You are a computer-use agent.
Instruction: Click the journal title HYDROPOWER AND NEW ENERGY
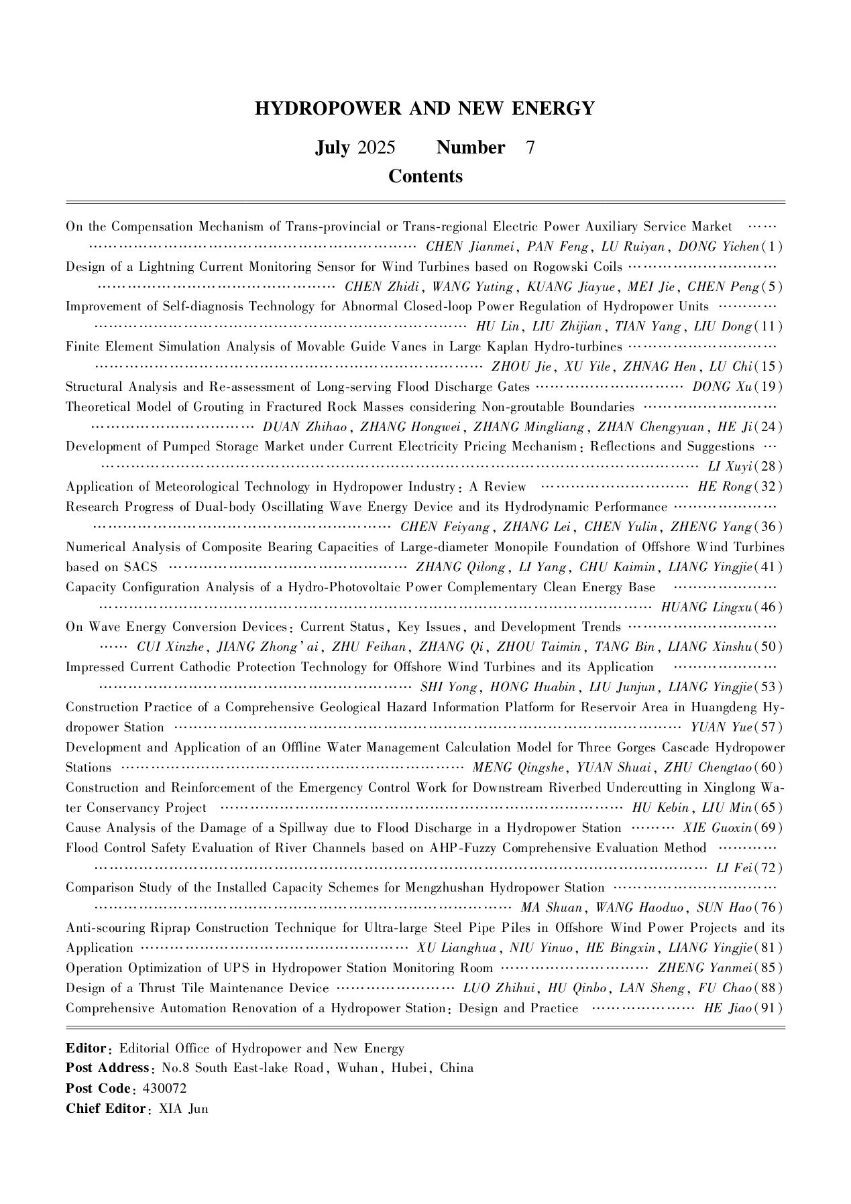tap(424, 109)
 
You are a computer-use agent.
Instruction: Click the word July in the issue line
tap(332, 147)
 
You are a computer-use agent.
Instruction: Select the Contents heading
tap(425, 176)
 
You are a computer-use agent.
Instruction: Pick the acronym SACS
tap(141, 567)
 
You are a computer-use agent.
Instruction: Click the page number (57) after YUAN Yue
tap(771, 727)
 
